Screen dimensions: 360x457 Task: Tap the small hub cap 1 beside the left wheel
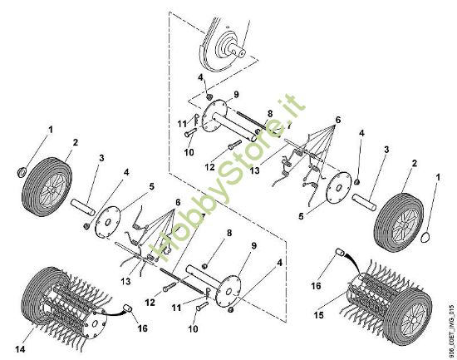click(x=22, y=172)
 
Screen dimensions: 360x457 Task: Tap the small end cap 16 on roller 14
click(x=130, y=308)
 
